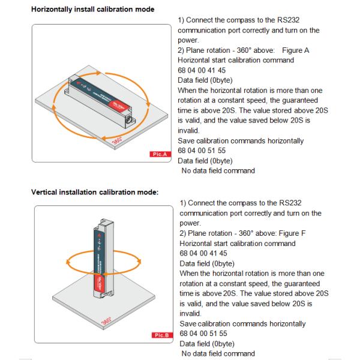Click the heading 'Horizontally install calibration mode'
[92, 10]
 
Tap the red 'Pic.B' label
[162, 335]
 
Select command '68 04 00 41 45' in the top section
[203, 70]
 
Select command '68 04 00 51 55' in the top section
[203, 151]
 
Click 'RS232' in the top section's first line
[307, 20]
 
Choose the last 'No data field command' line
[218, 353]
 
